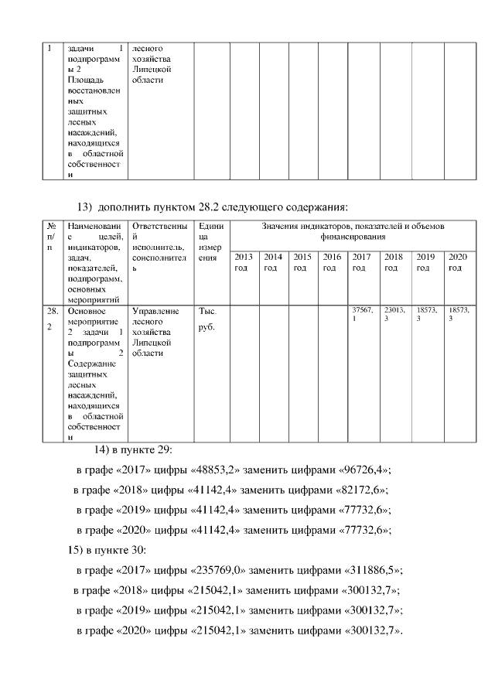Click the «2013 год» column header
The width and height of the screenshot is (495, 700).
click(244, 262)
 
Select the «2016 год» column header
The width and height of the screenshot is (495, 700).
click(332, 262)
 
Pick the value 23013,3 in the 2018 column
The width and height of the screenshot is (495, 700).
click(394, 313)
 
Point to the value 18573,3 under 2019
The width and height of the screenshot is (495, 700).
click(426, 313)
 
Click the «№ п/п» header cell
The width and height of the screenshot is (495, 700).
click(50, 235)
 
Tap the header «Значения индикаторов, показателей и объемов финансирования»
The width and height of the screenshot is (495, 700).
click(352, 230)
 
